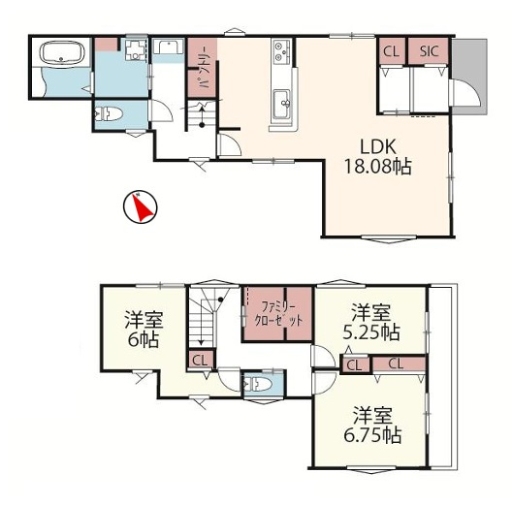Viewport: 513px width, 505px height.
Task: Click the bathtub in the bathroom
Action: pyautogui.click(x=62, y=52)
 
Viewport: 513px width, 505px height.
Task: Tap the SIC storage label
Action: pyautogui.click(x=429, y=51)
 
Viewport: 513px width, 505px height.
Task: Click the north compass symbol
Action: pyautogui.click(x=140, y=207)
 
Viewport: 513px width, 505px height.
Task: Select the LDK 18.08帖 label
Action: pyautogui.click(x=377, y=157)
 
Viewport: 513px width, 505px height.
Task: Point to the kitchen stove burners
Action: pyautogui.click(x=282, y=51)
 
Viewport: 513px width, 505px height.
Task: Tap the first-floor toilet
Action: pyautogui.click(x=108, y=114)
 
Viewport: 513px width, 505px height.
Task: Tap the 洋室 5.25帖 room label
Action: pyautogui.click(x=371, y=322)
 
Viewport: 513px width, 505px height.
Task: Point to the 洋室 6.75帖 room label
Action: pyautogui.click(x=372, y=425)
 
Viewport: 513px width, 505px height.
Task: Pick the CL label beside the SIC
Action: pyautogui.click(x=391, y=51)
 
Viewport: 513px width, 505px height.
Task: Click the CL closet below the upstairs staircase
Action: pyautogui.click(x=200, y=361)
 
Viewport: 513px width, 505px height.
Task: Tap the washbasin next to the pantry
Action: pyautogui.click(x=168, y=47)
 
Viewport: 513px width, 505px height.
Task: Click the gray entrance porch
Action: pyautogui.click(x=469, y=77)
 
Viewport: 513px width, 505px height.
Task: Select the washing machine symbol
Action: pyautogui.click(x=135, y=49)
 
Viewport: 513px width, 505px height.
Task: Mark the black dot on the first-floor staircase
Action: pyautogui.click(x=202, y=125)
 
